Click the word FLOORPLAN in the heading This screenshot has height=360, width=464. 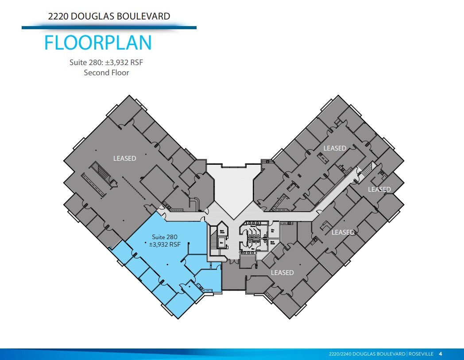point(98,43)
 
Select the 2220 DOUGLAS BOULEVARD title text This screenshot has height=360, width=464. point(109,16)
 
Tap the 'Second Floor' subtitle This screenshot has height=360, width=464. point(106,73)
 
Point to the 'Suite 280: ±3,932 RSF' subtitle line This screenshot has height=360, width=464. point(106,62)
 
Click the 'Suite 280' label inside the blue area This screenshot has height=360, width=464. point(164,237)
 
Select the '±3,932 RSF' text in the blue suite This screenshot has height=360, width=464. point(164,244)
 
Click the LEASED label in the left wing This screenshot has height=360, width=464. point(124,158)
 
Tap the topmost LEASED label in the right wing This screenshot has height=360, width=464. point(335,148)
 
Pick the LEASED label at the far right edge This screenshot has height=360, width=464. point(379,190)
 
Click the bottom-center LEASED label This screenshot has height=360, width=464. point(282,273)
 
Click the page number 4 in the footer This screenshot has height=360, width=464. point(440,354)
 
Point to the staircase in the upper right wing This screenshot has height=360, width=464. point(367,170)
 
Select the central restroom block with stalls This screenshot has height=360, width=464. point(254,235)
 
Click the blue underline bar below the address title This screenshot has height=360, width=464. point(109,27)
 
